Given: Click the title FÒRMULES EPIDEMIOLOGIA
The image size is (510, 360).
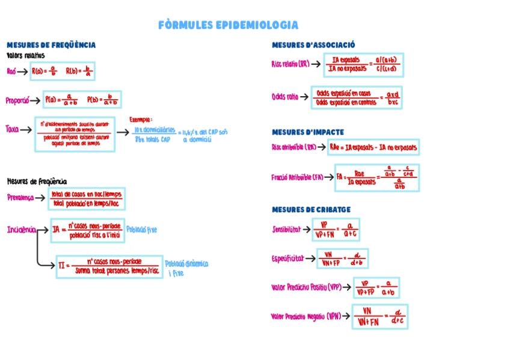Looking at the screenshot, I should click(228, 25).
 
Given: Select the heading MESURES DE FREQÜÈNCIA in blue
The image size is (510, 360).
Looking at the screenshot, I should click(51, 45).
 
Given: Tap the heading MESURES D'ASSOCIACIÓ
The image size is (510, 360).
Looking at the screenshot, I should click(313, 45).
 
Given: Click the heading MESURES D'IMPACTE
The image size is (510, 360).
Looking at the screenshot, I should click(308, 132).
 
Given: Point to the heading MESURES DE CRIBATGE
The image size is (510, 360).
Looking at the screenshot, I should click(311, 210).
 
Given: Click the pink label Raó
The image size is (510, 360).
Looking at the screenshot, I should click(11, 72).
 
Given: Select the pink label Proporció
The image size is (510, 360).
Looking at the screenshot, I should click(17, 100).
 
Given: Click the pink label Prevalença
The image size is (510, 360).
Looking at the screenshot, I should click(20, 197).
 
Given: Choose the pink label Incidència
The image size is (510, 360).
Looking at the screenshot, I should click(21, 230).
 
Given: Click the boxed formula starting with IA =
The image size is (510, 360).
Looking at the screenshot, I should click(87, 230).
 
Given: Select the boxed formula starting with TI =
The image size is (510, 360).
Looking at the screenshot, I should click(110, 266).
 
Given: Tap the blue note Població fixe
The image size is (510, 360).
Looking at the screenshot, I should click(142, 229).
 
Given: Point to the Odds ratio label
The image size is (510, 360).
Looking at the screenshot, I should click(285, 96).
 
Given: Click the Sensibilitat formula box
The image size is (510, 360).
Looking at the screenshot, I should click(336, 229).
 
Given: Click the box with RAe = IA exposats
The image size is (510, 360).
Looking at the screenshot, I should click(373, 147).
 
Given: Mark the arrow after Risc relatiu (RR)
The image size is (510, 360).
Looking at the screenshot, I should click(316, 64).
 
